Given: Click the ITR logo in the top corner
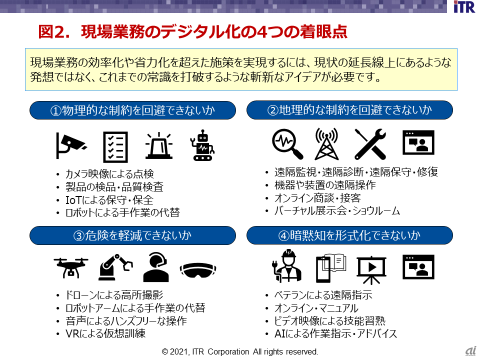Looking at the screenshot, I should click(x=464, y=7).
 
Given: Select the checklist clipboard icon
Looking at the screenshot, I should click(x=115, y=146).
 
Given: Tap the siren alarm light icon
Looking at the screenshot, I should click(x=158, y=146).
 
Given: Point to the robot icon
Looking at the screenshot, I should click(x=203, y=146).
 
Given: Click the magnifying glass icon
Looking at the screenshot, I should click(x=287, y=143).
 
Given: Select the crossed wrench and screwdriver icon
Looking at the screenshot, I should click(x=369, y=143).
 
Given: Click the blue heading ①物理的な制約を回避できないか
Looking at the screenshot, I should click(x=132, y=110).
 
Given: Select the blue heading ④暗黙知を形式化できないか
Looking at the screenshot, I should click(x=349, y=235).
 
